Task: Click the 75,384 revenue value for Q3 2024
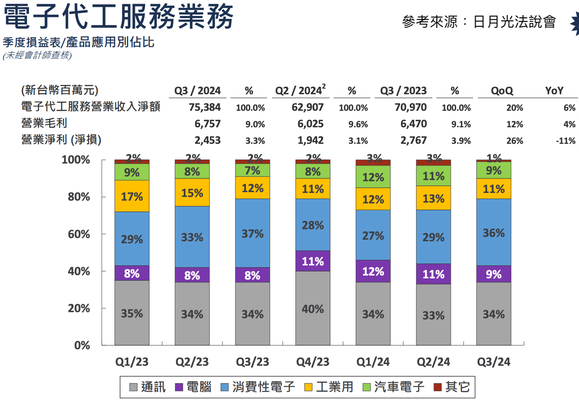point(205,108)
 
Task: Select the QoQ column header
point(502,91)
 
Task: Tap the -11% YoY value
point(565,141)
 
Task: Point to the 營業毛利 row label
point(44,123)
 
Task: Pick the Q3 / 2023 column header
point(403,91)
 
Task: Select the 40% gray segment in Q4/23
point(313,309)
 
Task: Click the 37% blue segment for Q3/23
point(253,233)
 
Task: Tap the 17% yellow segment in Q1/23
point(132,196)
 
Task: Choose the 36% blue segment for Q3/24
point(494,232)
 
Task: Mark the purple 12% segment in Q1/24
point(373,271)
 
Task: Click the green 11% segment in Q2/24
point(434,176)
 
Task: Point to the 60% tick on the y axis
point(79,234)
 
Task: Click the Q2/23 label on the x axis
point(192,362)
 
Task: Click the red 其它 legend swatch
point(438,387)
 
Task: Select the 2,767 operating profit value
point(413,140)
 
